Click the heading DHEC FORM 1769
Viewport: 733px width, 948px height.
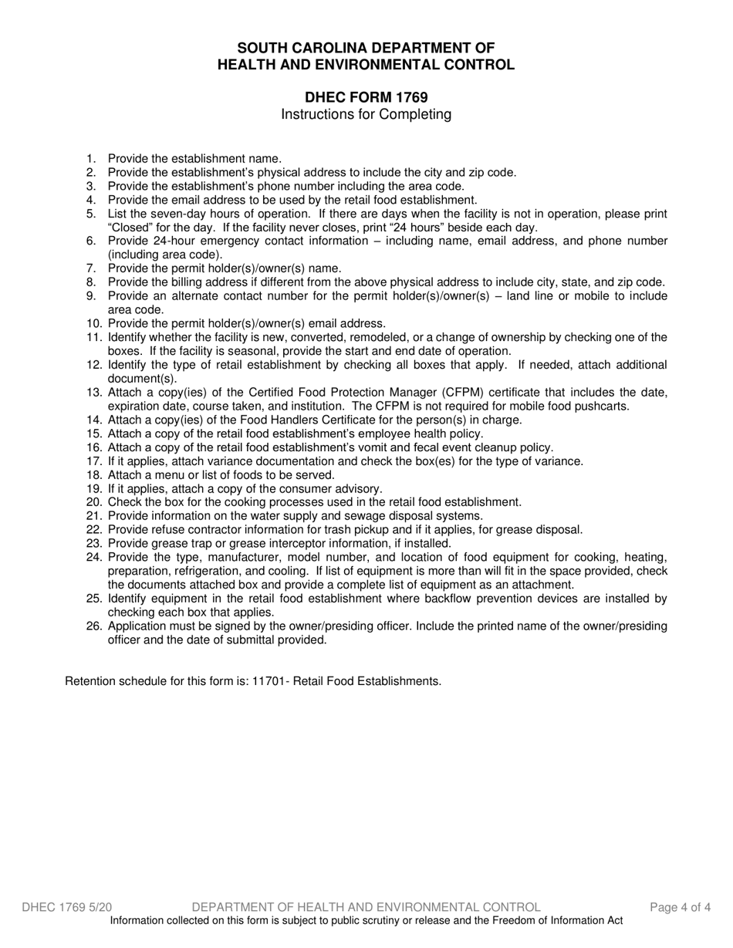pyautogui.click(x=366, y=97)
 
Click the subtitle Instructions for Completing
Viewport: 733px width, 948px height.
pyautogui.click(x=366, y=115)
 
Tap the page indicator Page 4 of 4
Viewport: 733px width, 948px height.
pyautogui.click(x=680, y=907)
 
